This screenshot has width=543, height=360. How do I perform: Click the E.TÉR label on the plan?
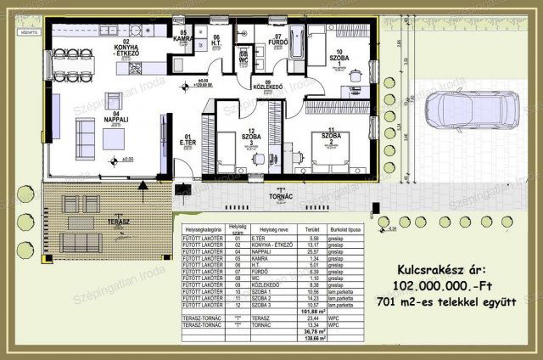188,141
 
